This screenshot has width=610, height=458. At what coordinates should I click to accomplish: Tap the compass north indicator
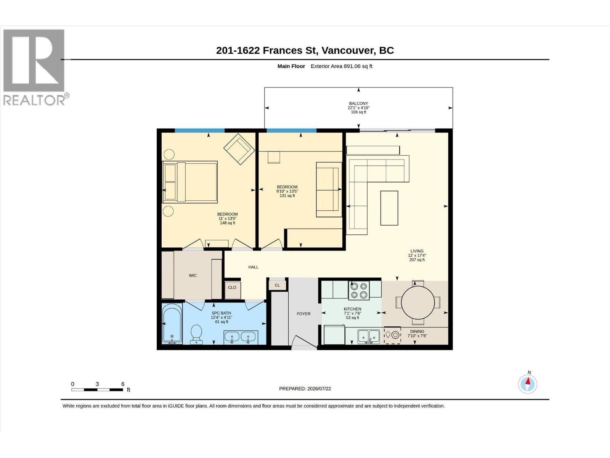tap(528, 384)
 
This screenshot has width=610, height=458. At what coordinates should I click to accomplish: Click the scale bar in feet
tap(97, 390)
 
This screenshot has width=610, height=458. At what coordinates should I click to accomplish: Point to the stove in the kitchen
tap(359, 290)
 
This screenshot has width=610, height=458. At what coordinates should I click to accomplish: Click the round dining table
tap(418, 303)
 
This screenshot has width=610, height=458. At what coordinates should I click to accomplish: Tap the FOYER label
tap(303, 314)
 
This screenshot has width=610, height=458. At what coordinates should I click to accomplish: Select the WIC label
tap(193, 275)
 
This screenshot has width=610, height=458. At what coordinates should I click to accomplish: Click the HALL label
tap(253, 267)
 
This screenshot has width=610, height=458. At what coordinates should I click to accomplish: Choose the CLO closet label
tap(232, 287)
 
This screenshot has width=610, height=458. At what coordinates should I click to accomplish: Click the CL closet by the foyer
tap(277, 285)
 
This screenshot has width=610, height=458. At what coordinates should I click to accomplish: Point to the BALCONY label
tap(358, 103)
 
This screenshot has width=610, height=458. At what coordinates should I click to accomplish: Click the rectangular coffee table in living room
tap(389, 208)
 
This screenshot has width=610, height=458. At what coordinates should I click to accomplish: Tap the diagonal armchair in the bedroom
tap(239, 149)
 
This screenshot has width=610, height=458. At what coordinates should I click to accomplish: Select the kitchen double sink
tap(369, 337)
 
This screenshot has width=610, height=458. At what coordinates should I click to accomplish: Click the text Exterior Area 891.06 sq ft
tap(341, 66)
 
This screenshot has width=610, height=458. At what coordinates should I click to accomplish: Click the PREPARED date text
tap(305, 389)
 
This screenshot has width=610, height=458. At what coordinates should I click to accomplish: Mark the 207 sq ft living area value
tap(417, 260)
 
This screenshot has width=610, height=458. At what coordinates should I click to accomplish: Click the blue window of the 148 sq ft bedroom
tap(199, 131)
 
